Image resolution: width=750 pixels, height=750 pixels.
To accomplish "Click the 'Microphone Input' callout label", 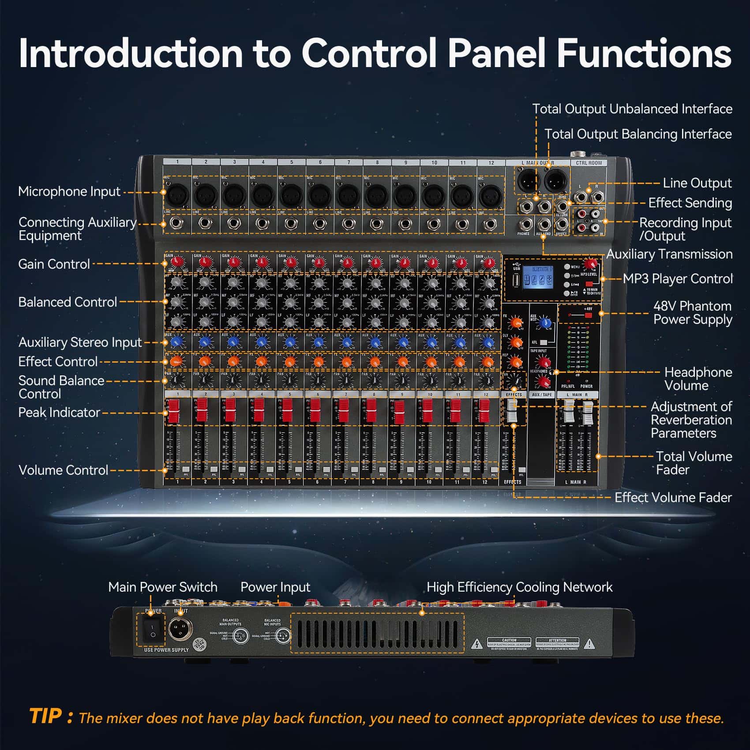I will (x=69, y=191).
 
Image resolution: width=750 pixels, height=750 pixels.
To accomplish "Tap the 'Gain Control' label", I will (x=54, y=264).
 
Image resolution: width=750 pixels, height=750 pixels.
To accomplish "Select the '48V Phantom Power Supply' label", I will (x=692, y=312).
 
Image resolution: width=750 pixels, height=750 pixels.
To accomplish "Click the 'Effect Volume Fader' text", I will (x=673, y=498).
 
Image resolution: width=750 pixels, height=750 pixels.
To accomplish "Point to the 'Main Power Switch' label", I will (x=162, y=587).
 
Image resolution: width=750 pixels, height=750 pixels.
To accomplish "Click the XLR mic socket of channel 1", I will (x=178, y=195).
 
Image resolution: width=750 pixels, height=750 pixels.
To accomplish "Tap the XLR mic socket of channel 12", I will (x=491, y=195).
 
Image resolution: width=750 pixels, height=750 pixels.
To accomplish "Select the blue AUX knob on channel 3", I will (x=233, y=342).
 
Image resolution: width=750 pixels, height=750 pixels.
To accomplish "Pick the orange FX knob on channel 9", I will (x=402, y=362).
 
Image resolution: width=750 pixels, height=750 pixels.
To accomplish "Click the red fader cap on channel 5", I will (x=287, y=410).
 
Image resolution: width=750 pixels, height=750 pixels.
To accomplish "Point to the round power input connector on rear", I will (x=181, y=628).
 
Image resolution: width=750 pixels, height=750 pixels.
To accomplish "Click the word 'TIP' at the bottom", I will (x=45, y=716).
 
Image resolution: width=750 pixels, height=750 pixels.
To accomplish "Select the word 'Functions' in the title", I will (x=644, y=53).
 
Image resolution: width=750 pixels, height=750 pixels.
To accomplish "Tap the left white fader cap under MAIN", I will (x=569, y=411).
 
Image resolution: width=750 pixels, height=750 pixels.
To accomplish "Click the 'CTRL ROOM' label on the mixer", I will (x=589, y=163).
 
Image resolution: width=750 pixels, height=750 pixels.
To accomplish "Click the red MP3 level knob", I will (x=589, y=264).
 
